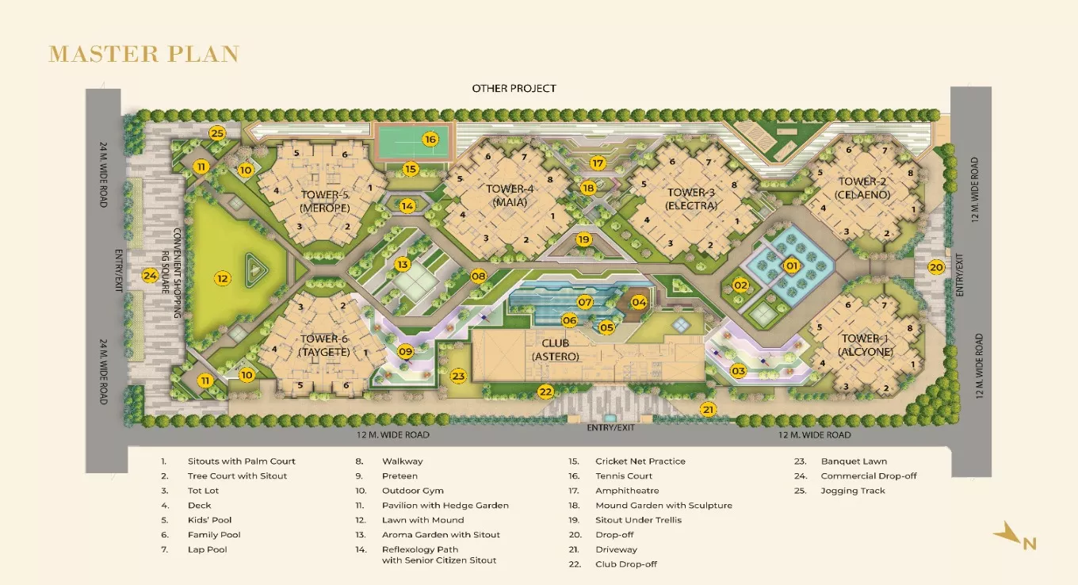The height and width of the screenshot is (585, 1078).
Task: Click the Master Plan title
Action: pos(143,54)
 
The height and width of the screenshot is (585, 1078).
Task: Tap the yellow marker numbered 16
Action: pos(430,140)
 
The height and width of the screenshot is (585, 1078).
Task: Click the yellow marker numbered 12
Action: pos(223,278)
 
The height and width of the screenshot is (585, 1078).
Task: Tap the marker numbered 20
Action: pos(936,267)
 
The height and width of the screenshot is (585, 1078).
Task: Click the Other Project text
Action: pos(514,88)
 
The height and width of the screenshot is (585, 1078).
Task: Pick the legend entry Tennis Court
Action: pos(624,476)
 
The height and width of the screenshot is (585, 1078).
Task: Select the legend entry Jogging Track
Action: pos(853,491)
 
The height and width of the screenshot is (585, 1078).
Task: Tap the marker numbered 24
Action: pos(150,276)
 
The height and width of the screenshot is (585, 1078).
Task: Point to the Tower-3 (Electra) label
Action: pos(691,199)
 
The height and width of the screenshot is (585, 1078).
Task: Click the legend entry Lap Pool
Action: pos(206,549)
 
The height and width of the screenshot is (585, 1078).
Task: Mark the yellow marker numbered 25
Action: pos(217,133)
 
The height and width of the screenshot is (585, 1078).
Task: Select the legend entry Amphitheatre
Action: pos(627,491)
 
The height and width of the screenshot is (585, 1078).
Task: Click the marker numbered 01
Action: pos(791,266)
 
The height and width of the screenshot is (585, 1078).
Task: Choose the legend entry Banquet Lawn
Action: pos(854,461)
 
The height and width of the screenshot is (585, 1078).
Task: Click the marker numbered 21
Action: pos(709,409)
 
